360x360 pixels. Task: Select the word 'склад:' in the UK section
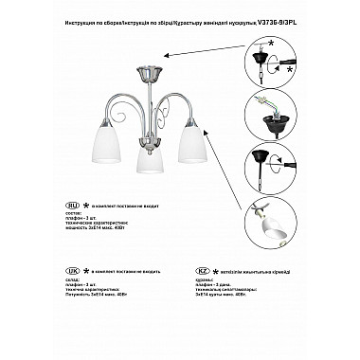coord(73,281)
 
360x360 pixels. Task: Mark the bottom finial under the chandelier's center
coord(146,180)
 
